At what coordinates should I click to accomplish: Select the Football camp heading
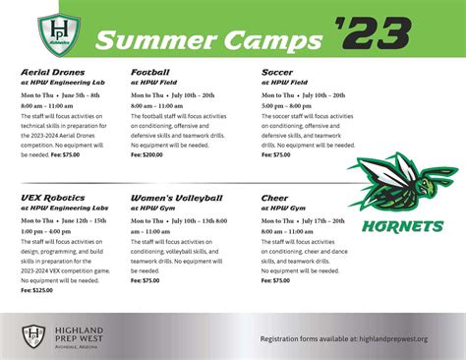[150, 73]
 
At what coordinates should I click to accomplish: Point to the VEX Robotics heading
[50, 198]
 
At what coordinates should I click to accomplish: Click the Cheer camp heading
[276, 198]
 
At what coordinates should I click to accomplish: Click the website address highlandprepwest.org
[388, 338]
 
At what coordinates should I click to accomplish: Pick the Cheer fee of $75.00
[275, 280]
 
